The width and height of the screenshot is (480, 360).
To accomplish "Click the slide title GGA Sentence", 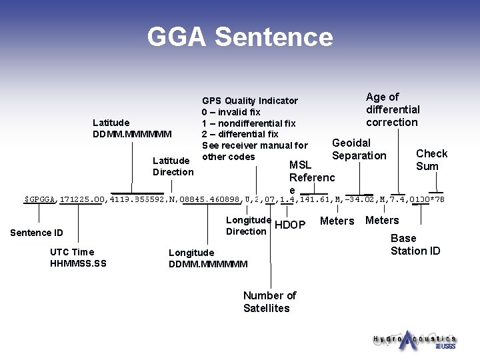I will coord(240,37).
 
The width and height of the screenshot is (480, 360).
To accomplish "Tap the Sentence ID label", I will coord(37,233).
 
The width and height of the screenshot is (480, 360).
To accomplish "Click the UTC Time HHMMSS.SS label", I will coord(78,257).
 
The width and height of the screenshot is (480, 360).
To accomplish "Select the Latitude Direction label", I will coord(173,166).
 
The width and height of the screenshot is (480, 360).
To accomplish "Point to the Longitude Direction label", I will coord(248,225).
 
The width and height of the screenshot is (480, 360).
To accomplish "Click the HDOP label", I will coord(290,225).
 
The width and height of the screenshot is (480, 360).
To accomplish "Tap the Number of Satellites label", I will coord(269,301).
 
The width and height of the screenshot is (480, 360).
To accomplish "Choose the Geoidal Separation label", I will coord(359,149).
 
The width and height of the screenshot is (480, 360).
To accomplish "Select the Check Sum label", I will coord(431,160).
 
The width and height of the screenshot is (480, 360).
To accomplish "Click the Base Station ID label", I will coord(415,244).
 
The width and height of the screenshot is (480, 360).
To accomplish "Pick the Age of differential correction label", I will coord(393,109).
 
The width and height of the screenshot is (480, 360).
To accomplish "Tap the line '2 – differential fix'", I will coord(240,134).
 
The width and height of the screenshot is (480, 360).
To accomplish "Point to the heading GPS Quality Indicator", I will coord(249,101).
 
